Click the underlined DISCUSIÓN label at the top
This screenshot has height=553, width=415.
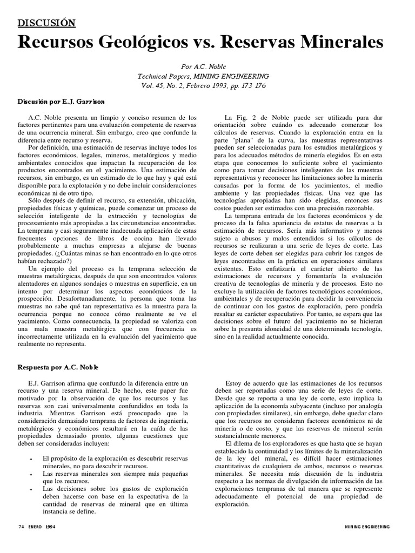47,23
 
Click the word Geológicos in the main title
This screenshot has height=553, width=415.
159,43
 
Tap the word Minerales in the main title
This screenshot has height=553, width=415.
339,43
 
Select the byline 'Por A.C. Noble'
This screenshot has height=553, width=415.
207,66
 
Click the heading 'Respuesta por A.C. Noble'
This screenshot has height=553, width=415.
57,367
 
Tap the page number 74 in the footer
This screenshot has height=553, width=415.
22,527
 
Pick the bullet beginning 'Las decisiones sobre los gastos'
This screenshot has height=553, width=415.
115,488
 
